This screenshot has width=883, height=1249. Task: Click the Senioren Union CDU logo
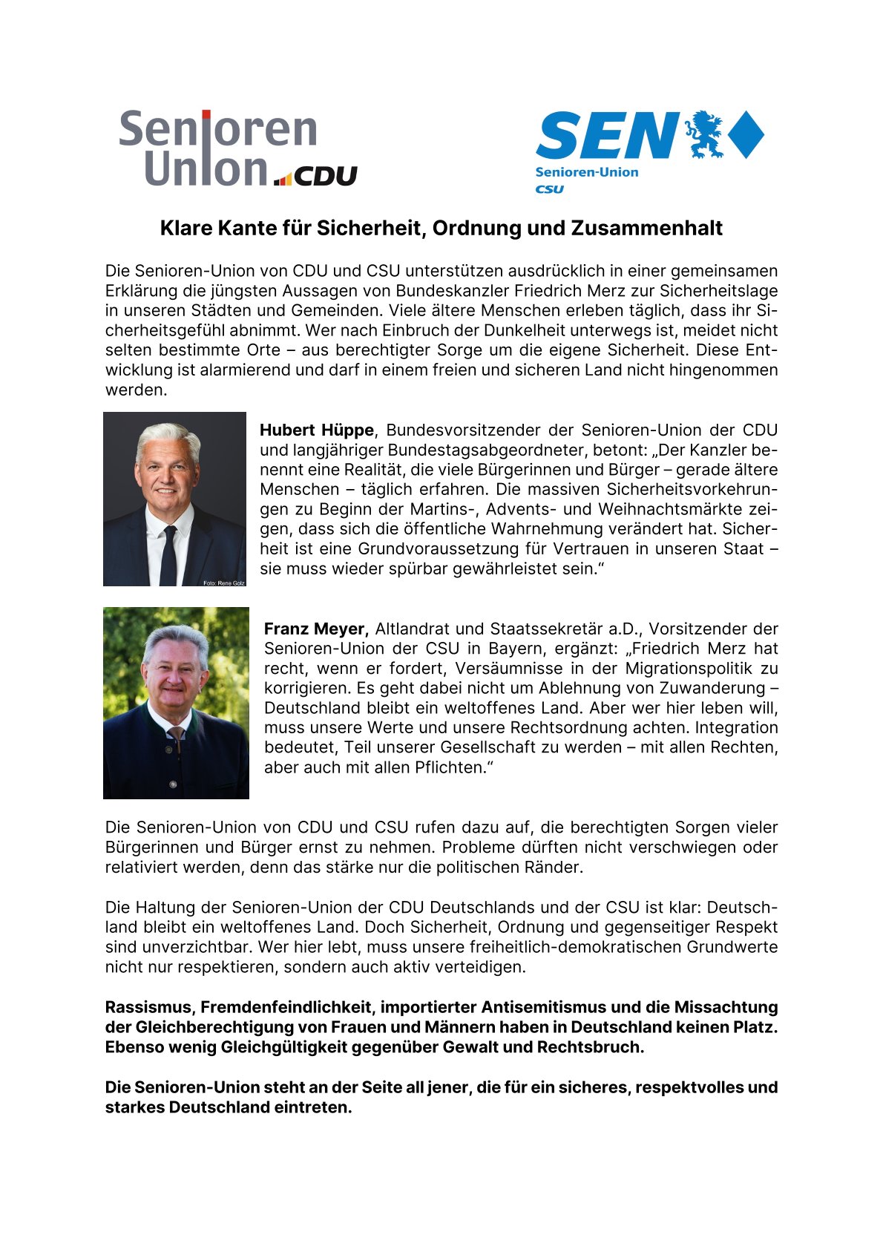coord(237,148)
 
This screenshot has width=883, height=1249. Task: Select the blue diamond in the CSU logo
coord(746,134)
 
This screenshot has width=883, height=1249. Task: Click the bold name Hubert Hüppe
coord(317,430)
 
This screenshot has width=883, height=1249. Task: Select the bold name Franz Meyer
coord(316,629)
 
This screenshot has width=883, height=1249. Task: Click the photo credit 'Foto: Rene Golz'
coord(223,583)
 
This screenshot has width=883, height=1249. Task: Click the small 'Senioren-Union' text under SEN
coord(586,172)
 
